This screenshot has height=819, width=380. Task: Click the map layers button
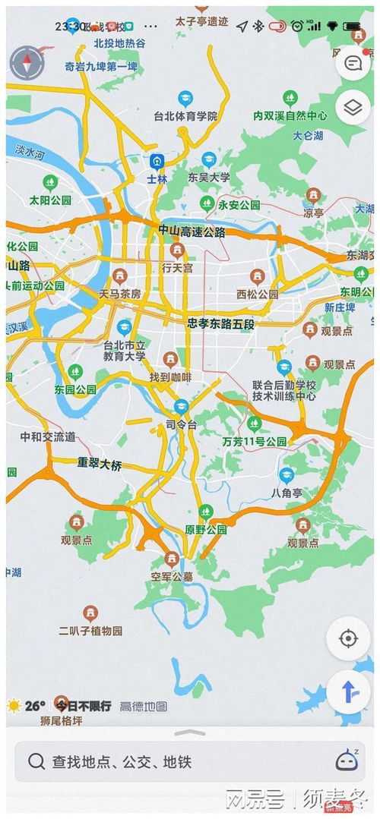click(x=352, y=108)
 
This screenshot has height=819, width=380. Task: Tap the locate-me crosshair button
click(x=348, y=638)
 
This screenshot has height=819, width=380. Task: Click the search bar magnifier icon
click(x=36, y=761)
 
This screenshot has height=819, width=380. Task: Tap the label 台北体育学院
click(x=186, y=116)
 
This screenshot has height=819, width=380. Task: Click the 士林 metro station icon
click(x=157, y=162)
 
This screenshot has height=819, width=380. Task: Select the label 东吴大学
click(x=208, y=177)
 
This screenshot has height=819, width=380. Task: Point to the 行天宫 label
click(x=177, y=268)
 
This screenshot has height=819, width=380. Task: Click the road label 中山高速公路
click(x=192, y=232)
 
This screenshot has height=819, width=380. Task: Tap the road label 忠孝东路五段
click(x=223, y=323)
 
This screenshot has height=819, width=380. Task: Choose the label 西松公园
click(x=257, y=294)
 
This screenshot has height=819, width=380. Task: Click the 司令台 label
click(x=181, y=424)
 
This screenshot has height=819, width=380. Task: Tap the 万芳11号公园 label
click(x=255, y=441)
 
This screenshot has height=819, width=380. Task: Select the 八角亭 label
click(x=286, y=492)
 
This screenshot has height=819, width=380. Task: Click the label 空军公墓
click(x=172, y=576)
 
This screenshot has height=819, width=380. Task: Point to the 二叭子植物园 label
click(x=90, y=630)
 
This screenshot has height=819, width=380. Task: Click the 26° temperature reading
click(x=35, y=705)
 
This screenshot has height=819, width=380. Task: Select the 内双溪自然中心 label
click(x=290, y=116)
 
